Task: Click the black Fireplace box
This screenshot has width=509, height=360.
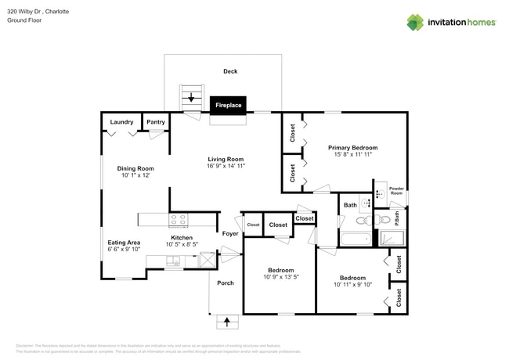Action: coord(229,105)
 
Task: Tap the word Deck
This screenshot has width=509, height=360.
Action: coord(230,71)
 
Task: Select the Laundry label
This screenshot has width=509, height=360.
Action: coord(121,122)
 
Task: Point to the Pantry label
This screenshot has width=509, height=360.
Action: coord(156,122)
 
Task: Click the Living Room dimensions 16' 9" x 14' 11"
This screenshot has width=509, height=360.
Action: coord(226,167)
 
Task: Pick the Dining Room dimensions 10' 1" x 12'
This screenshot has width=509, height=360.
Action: coord(135,176)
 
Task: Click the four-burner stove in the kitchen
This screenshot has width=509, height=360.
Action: coord(179,220)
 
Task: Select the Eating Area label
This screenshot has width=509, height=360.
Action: coord(124,242)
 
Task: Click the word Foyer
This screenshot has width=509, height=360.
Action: coord(230,233)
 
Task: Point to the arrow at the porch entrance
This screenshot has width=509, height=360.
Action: coord(228,321)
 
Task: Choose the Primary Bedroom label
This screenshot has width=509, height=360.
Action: coord(352,147)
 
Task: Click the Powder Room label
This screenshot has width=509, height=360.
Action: coord(396,191)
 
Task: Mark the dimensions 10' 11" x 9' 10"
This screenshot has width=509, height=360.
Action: coord(352,285)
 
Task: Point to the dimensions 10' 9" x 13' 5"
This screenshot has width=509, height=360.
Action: coord(280,277)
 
